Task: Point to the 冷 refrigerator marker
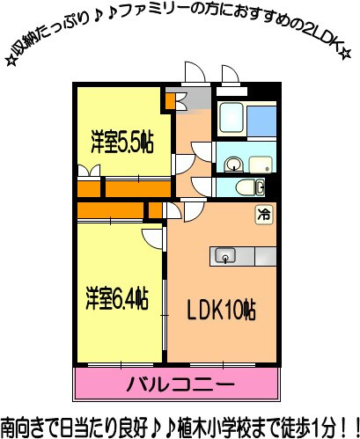click(263, 213)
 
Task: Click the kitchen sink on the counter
click(225, 256)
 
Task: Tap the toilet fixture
click(254, 187)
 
